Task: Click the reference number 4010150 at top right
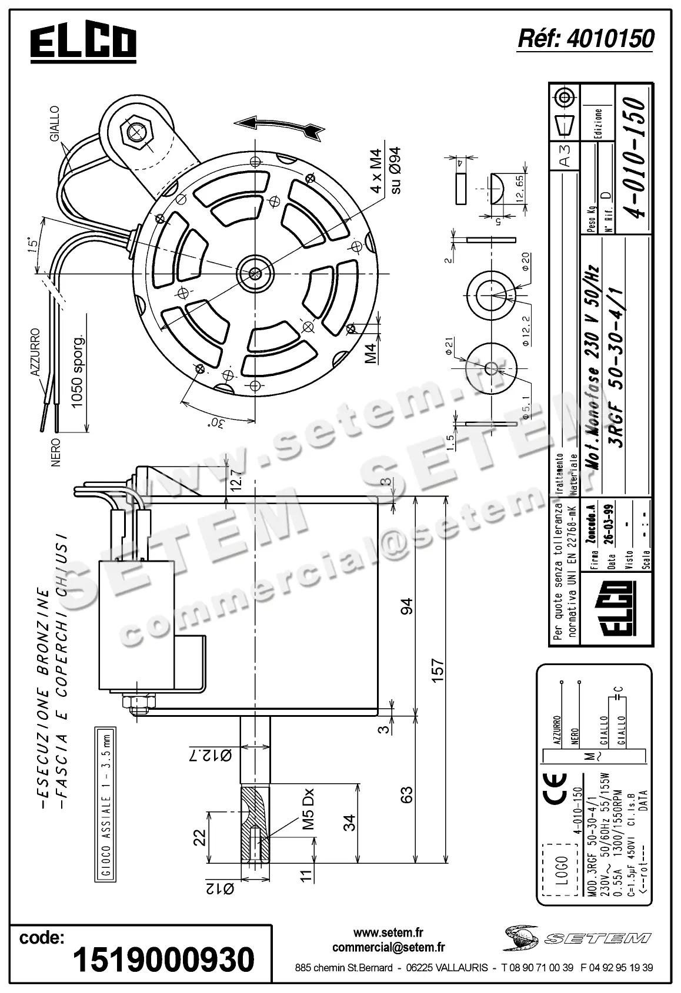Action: [x=585, y=39]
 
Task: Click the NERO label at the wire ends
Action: [x=56, y=452]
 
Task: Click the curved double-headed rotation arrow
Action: [x=278, y=126]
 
